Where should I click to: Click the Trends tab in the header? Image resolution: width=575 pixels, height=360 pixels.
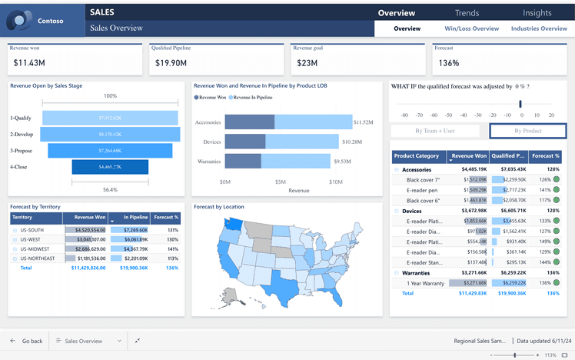pyautogui.click(x=467, y=13)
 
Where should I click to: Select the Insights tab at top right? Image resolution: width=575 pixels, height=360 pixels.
pyautogui.click(x=537, y=13)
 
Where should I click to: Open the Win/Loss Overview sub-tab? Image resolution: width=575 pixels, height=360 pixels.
pyautogui.click(x=471, y=28)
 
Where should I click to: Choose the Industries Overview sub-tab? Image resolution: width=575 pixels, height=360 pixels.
pyautogui.click(x=539, y=28)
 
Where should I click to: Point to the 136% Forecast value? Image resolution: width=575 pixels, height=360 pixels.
pyautogui.click(x=449, y=63)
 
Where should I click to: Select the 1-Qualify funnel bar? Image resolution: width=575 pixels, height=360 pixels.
pyautogui.click(x=110, y=118)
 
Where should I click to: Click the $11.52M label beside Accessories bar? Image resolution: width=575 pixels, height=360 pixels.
pyautogui.click(x=363, y=122)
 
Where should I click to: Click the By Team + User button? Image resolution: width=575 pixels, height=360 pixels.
pyautogui.click(x=435, y=131)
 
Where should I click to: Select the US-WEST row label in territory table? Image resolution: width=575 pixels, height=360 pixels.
pyautogui.click(x=32, y=239)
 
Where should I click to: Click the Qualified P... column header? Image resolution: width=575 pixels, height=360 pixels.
pyautogui.click(x=507, y=155)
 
